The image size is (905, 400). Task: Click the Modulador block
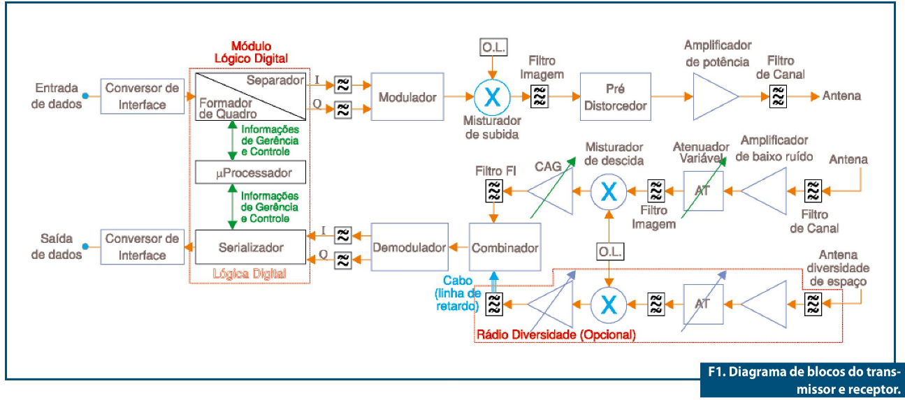407,97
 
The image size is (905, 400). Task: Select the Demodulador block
409,247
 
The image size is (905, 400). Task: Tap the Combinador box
505,248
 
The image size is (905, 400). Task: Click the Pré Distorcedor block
616,97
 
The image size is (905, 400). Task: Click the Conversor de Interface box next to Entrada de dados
143,97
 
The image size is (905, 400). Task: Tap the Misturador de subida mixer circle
493,97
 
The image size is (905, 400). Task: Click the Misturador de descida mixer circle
608,189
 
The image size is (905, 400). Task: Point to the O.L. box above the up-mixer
493,47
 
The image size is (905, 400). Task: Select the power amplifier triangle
713,96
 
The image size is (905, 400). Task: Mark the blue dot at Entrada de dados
85,96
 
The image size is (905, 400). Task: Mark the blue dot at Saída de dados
85,246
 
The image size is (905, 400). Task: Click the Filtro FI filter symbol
493,189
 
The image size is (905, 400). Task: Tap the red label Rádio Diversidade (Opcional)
556,334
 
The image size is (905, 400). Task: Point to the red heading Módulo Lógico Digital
250,52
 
